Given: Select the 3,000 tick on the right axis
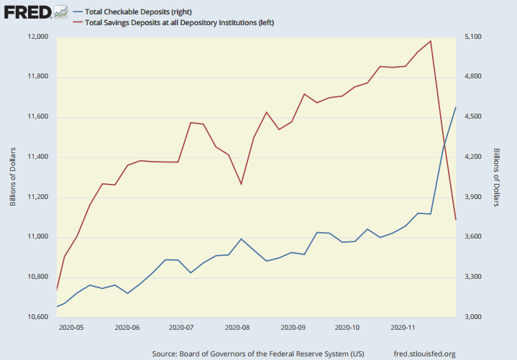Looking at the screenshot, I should click(475, 317).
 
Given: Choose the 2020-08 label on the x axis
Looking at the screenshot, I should click(237, 327).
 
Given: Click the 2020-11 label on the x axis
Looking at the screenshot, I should click(402, 327).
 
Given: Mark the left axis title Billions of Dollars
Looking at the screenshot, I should click(12, 177).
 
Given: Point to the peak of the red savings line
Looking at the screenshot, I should click(430, 41).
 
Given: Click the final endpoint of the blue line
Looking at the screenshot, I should click(456, 107).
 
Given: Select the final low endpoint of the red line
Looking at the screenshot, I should click(456, 219).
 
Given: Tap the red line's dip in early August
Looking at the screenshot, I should click(241, 185).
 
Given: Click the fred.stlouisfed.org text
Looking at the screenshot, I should click(424, 354).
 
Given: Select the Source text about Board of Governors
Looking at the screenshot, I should click(259, 354).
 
